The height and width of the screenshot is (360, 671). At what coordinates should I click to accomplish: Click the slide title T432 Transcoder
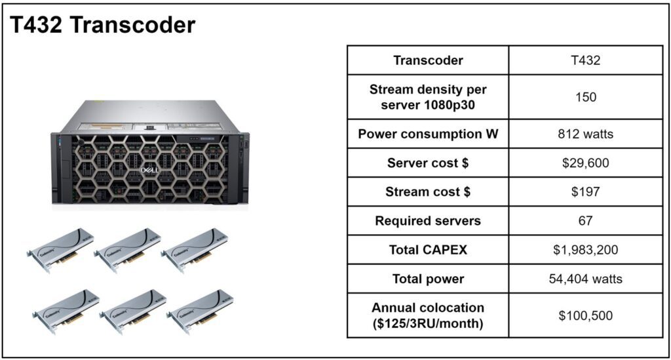pos(103,25)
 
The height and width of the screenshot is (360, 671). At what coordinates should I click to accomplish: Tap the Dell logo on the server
pos(149,170)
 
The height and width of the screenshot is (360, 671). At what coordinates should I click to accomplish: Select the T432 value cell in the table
pos(585,60)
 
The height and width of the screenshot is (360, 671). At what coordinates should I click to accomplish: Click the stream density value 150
pos(585,97)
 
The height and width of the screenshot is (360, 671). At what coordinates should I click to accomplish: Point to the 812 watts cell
pos(585,134)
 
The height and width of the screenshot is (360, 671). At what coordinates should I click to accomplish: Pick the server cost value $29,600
pos(585,163)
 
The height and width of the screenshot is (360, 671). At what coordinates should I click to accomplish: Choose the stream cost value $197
pos(585,191)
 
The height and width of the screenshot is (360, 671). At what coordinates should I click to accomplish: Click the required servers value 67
pos(585,221)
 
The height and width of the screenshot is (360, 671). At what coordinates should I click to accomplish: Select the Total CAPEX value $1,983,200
pos(585,250)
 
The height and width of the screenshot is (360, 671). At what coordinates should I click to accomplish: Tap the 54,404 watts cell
pos(585,279)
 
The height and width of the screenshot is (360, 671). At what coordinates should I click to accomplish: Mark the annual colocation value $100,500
pos(585,315)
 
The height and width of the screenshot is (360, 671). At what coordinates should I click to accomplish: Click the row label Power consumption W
pos(428,134)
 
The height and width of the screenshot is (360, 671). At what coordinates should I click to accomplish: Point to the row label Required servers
pos(428,221)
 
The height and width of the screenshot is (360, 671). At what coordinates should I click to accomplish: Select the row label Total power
pos(428,279)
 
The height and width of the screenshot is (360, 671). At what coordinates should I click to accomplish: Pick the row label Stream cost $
pos(428,191)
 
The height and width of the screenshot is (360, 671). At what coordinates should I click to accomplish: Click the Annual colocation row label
pos(428,315)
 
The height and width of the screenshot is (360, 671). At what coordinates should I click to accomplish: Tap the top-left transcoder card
pos(60,250)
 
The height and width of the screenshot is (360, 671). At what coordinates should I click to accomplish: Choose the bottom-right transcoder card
pos(200,311)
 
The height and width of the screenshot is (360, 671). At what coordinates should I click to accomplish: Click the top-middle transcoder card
pos(127,250)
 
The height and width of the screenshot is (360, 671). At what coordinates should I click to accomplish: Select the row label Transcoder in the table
pos(428,60)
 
